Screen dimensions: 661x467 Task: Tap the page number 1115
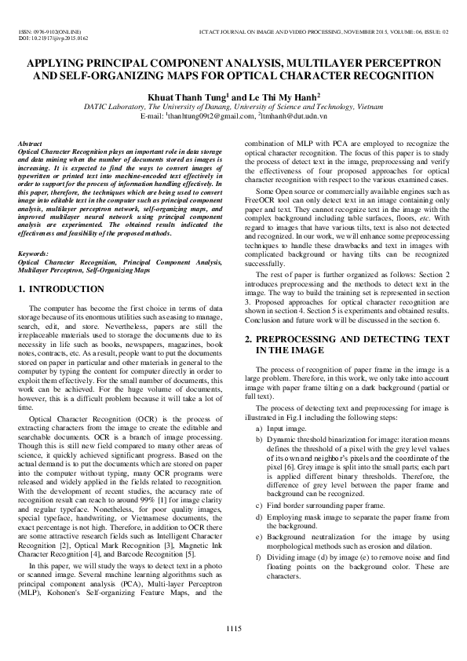click(x=233, y=628)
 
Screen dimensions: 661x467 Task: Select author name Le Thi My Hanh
click(x=279, y=93)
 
